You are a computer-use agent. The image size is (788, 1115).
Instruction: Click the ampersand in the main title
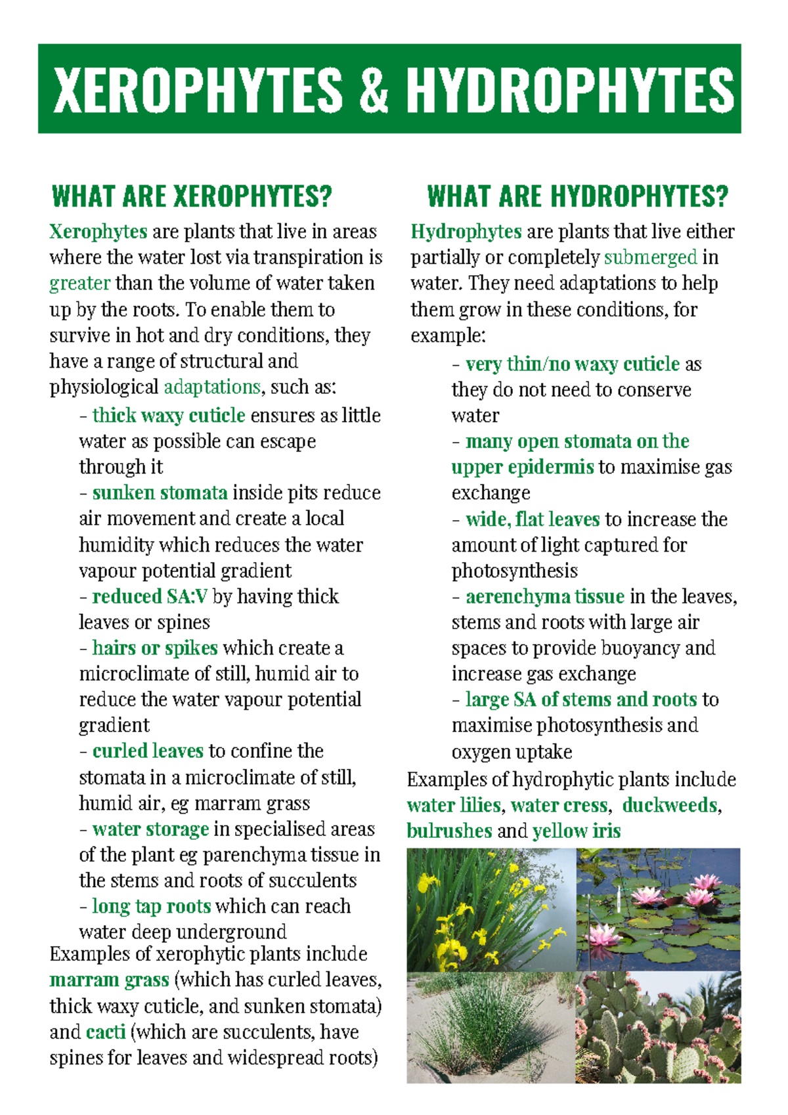[x=374, y=90]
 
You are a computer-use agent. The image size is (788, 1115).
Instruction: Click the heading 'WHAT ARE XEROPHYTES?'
[x=192, y=196]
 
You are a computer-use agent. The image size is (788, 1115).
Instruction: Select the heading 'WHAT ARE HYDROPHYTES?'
[x=577, y=196]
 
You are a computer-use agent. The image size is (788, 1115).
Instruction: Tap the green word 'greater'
[x=79, y=284]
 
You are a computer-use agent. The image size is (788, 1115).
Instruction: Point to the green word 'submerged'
[x=650, y=257]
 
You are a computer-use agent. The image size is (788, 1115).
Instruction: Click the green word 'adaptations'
[x=211, y=387]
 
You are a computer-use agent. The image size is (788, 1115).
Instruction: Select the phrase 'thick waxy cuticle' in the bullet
[x=169, y=416]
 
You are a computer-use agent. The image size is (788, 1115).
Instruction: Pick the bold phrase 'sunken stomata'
[x=160, y=493]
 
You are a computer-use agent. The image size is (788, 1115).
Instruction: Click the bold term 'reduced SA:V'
[x=150, y=596]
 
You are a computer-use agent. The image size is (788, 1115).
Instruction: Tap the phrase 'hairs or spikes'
[x=155, y=648]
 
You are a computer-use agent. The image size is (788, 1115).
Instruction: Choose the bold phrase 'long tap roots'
[x=151, y=906]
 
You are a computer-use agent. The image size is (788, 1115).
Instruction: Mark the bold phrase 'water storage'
[x=150, y=829]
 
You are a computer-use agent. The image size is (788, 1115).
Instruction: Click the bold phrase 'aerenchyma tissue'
[x=544, y=596]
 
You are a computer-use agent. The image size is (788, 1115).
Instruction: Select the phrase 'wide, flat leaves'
[x=533, y=519]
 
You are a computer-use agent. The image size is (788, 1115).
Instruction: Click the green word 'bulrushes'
[x=449, y=831]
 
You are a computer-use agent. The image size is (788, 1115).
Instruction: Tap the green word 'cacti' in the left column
[x=105, y=1032]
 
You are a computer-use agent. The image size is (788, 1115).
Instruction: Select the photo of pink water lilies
[x=658, y=909]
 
